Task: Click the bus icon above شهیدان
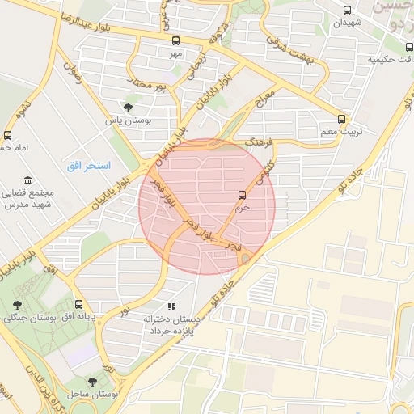(347, 11)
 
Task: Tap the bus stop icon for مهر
(175, 40)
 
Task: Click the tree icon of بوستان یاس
(128, 107)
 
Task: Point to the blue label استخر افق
(83, 165)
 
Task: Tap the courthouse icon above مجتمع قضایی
(28, 180)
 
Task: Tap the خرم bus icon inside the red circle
(241, 194)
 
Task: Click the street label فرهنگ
(259, 142)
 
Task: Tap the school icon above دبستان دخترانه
(171, 306)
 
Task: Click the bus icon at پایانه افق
(77, 305)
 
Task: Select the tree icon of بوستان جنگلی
(17, 305)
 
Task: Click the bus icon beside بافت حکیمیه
(408, 59)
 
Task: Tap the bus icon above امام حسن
(7, 135)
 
